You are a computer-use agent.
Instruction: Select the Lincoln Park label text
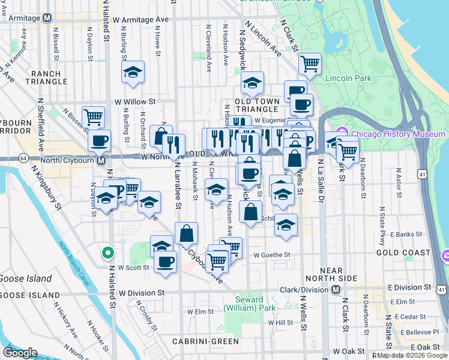coord(348,78)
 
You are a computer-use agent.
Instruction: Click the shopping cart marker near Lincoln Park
coord(310,63)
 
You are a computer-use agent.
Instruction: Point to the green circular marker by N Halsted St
coord(107,253)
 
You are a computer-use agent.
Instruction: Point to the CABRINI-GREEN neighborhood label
coord(205,341)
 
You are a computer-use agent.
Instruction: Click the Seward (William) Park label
coord(249,304)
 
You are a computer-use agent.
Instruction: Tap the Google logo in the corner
coord(20,352)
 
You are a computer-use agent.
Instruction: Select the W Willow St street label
coord(135,101)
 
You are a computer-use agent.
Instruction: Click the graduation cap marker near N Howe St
coord(133,73)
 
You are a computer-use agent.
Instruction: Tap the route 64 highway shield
coord(23,158)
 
